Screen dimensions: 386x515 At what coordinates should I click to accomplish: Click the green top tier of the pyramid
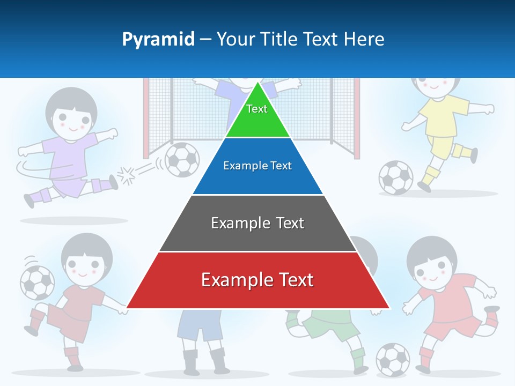(257, 115)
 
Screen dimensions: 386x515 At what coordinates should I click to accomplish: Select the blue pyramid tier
(257, 166)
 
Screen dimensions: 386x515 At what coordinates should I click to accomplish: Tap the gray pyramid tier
(257, 223)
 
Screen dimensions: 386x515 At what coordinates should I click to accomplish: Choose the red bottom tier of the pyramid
(257, 280)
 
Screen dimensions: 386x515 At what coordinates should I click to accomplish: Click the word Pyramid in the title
(158, 39)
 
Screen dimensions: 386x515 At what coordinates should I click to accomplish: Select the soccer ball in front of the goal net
(182, 159)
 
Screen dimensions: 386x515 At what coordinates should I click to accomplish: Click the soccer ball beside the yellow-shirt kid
(396, 177)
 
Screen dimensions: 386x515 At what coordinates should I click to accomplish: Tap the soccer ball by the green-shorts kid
(393, 359)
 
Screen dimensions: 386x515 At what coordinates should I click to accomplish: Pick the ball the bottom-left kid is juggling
(37, 283)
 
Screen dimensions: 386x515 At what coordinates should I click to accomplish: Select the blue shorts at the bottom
(200, 325)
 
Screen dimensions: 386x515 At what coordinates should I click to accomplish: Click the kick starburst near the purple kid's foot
(127, 175)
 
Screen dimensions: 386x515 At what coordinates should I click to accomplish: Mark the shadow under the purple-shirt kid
(73, 220)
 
